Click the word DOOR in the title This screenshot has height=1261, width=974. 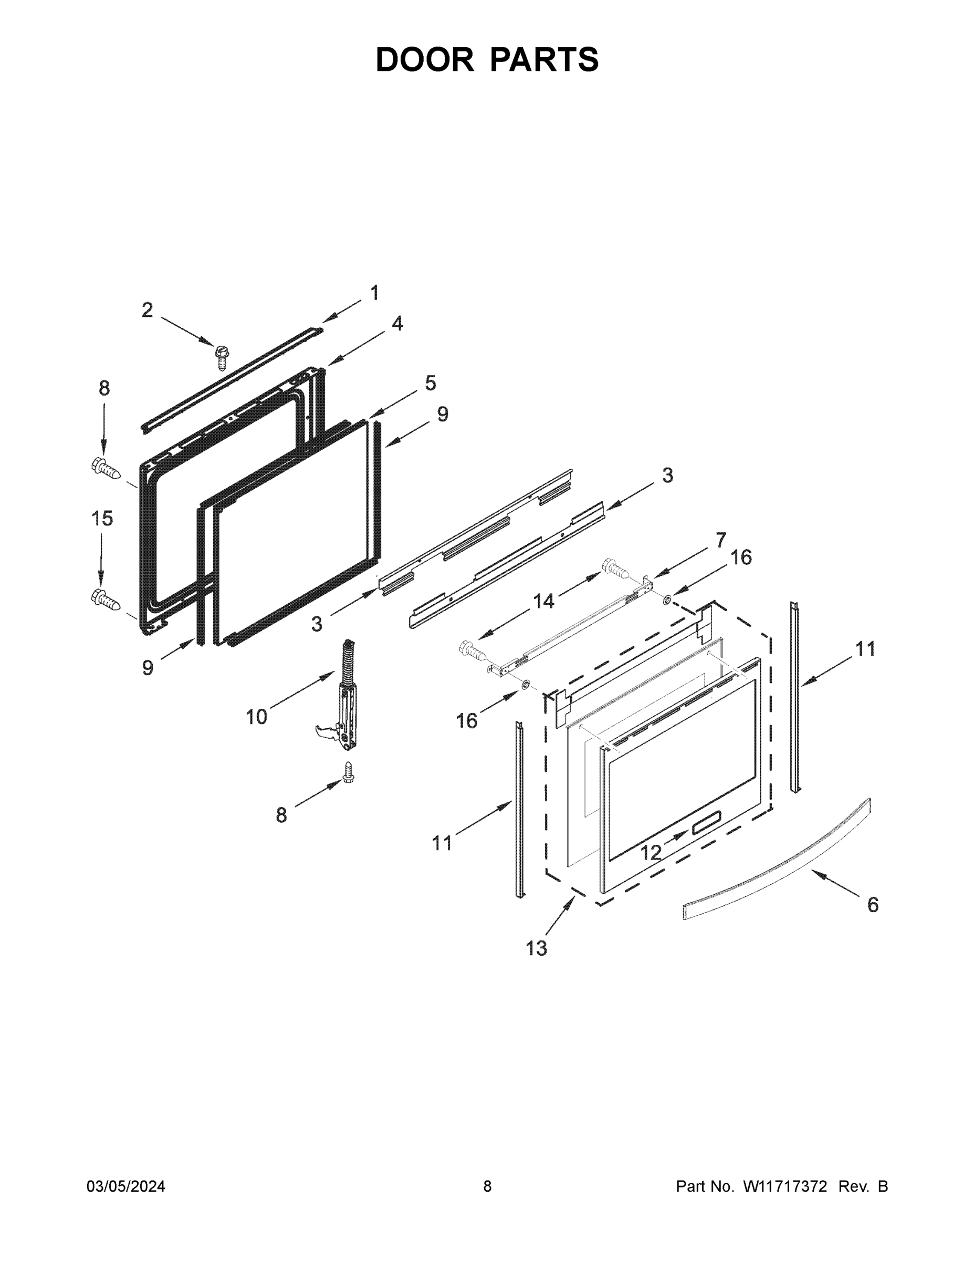[424, 59]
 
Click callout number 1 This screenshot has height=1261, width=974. [374, 293]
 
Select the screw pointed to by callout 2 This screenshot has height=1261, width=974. [221, 356]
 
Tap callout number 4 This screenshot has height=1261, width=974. [397, 323]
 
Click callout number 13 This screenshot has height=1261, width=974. [536, 948]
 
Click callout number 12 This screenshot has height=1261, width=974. [651, 852]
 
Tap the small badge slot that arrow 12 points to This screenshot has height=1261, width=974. [705, 821]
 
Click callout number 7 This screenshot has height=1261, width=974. [721, 541]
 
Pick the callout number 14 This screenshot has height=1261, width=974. [543, 601]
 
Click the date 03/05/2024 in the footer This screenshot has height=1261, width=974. [126, 1186]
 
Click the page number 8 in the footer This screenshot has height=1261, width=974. [487, 1186]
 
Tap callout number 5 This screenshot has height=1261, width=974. [431, 383]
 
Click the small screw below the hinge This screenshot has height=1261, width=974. [348, 772]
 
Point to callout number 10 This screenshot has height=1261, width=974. [256, 717]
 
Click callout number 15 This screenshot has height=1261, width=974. [102, 519]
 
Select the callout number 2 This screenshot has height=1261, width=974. [147, 310]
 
